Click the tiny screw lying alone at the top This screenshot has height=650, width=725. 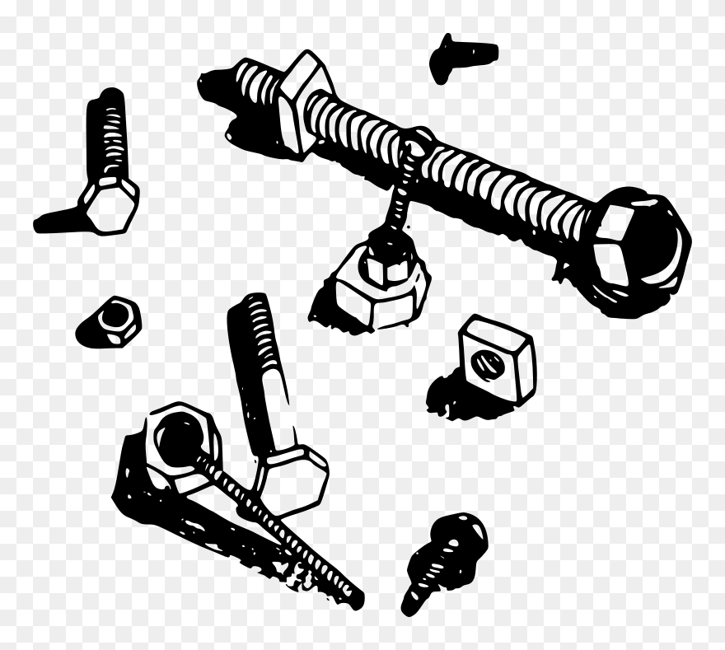461,56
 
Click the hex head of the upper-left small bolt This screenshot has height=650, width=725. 109,201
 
